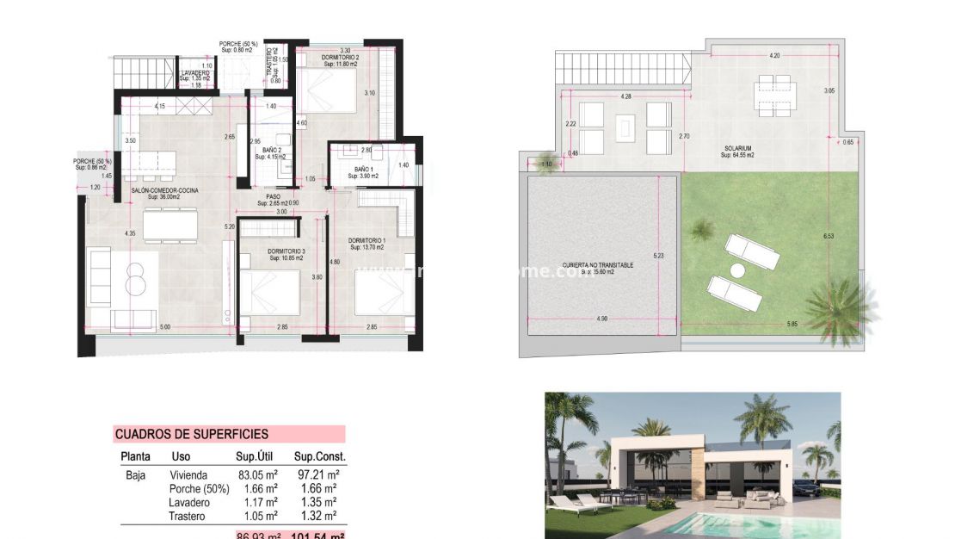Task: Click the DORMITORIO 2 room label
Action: (340, 58)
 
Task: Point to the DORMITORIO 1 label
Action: (366, 241)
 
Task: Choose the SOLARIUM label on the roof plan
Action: (738, 148)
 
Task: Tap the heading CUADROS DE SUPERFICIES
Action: (191, 435)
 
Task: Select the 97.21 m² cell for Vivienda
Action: (316, 474)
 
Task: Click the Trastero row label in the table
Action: (188, 516)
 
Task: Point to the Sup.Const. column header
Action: (318, 457)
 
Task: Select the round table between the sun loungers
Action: (737, 270)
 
